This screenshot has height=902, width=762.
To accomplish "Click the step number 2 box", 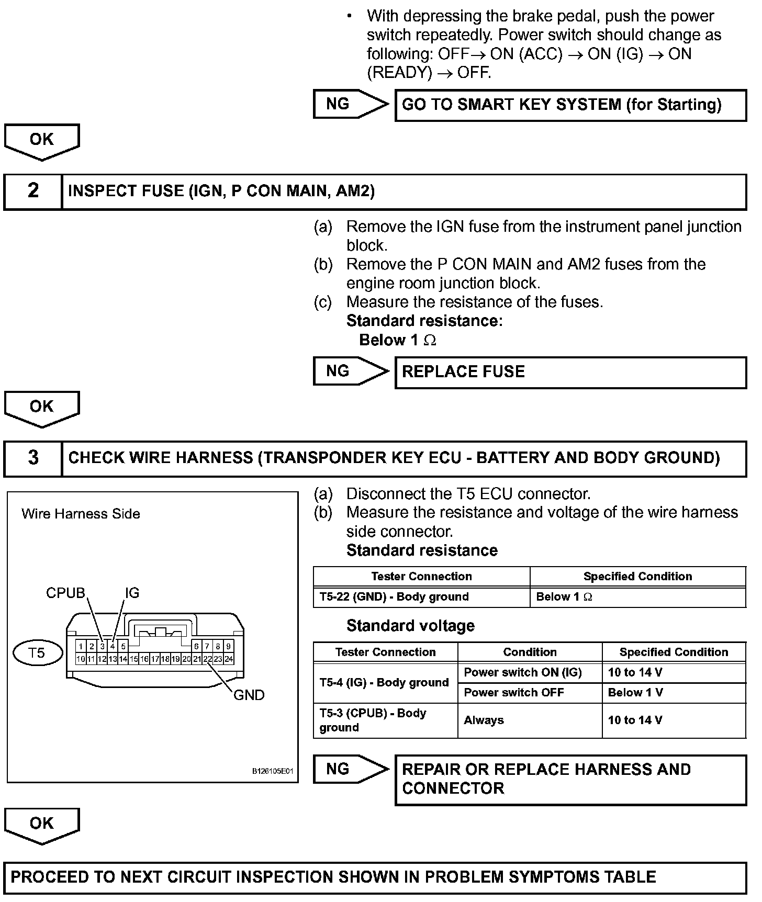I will click(33, 191).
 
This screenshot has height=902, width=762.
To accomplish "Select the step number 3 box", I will click(33, 458).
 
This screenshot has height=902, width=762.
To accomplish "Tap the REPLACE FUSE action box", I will click(570, 372).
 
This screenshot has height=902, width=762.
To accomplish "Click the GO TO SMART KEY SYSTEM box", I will click(570, 105).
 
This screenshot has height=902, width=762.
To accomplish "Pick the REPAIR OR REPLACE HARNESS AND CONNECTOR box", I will click(570, 779).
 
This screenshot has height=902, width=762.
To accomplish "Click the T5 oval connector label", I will click(37, 653).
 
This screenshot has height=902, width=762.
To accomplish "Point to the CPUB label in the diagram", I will click(65, 593).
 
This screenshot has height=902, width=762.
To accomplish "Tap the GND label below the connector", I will click(249, 695).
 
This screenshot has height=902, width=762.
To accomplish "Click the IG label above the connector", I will click(132, 593).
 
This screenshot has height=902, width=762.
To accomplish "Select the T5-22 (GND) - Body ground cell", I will click(421, 597).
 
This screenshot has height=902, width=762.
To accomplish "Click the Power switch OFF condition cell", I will click(530, 693).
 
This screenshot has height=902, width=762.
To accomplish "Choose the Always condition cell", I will click(530, 720).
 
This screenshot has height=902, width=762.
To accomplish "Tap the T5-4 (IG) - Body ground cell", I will click(385, 683).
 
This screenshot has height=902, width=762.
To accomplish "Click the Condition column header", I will click(530, 652).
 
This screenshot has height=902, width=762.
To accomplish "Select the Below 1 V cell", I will click(674, 693).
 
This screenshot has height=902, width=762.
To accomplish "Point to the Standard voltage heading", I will click(410, 626).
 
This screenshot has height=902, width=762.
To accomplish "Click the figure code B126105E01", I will click(273, 771).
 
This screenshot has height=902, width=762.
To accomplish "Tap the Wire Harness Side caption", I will click(81, 514).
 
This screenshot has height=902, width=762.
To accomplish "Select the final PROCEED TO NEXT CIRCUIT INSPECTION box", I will click(375, 877).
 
